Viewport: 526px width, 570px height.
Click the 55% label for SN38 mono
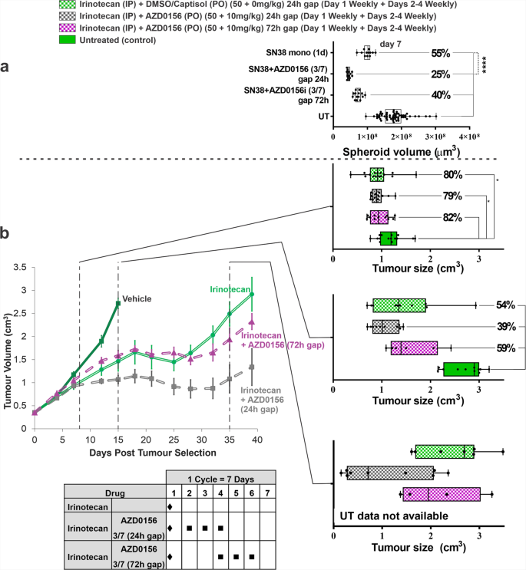pyautogui.click(x=440, y=54)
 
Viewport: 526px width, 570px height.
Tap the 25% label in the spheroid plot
pyautogui.click(x=440, y=74)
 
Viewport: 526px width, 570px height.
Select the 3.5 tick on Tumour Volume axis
pyautogui.click(x=21, y=268)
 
